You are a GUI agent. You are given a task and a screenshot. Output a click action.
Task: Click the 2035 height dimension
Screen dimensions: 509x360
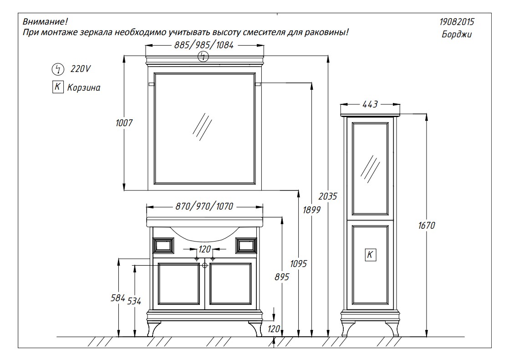click(x=328, y=196)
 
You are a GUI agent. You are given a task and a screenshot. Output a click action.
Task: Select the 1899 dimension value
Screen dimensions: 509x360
click(x=311, y=210)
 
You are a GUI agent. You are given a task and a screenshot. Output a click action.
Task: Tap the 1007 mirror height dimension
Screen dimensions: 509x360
click(x=124, y=123)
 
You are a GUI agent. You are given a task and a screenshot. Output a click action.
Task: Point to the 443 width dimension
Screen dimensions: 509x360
click(x=370, y=104)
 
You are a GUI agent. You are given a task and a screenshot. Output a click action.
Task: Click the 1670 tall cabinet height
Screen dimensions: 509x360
click(x=427, y=225)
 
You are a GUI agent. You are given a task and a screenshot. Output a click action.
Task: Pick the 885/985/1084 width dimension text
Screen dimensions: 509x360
click(x=204, y=45)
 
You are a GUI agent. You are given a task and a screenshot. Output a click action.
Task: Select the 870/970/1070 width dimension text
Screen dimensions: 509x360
click(x=204, y=206)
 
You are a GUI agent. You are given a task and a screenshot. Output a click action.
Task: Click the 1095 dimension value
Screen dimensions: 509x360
click(x=298, y=263)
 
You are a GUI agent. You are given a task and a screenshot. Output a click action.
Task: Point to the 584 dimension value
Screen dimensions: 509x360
click(x=118, y=298)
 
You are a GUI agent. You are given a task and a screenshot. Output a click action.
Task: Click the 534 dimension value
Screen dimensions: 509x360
click(x=134, y=301)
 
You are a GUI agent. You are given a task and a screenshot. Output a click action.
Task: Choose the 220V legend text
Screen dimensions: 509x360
click(x=81, y=69)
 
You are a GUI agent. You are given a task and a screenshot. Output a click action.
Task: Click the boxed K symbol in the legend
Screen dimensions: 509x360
click(x=58, y=87)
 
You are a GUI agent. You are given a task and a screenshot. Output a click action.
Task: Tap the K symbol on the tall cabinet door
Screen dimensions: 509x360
click(x=371, y=255)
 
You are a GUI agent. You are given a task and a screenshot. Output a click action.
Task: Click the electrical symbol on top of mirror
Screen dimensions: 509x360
click(x=203, y=57)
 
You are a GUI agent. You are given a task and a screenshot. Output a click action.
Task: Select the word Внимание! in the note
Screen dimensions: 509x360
click(x=45, y=22)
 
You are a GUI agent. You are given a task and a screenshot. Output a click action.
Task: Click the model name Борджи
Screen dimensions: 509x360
click(x=457, y=35)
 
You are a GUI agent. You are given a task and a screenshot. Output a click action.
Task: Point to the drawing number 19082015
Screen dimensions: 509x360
click(x=457, y=22)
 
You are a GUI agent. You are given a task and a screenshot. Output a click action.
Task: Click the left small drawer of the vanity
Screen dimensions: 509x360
click(x=163, y=245)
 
